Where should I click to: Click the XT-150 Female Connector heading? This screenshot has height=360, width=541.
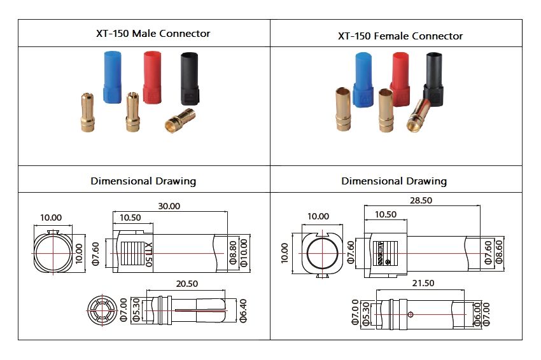point(400,36)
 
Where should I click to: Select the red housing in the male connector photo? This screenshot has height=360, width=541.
point(153,77)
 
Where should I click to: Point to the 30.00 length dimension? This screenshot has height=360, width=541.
point(169,206)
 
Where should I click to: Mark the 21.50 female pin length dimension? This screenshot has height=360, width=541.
point(423,282)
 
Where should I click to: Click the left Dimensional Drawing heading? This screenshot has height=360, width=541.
point(143,181)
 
